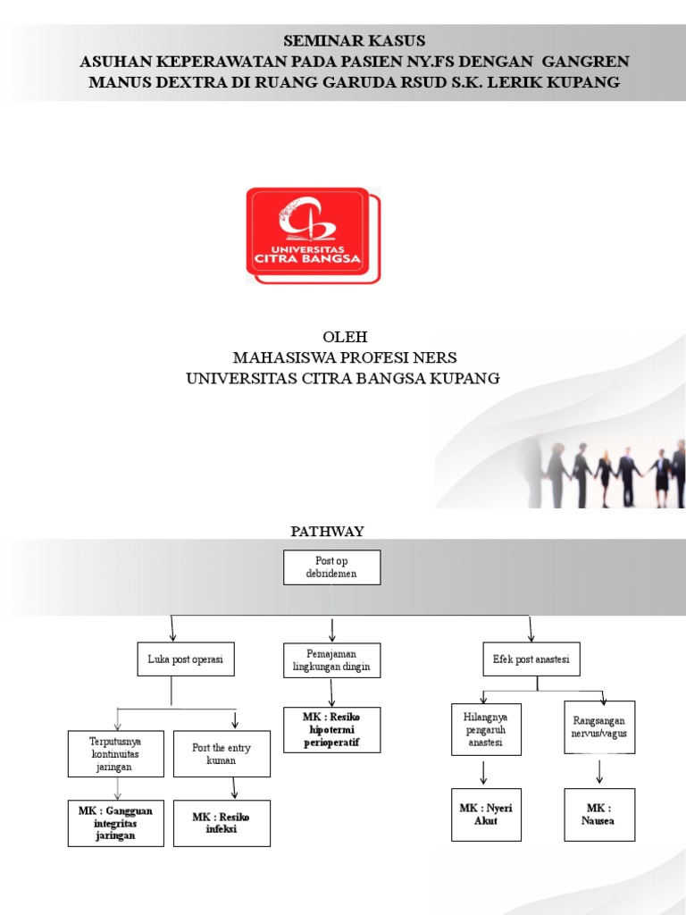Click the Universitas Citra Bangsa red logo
click(x=314, y=235)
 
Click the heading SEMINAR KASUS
click(x=354, y=41)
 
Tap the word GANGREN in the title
click(x=586, y=62)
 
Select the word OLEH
click(x=345, y=337)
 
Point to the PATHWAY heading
click(x=327, y=532)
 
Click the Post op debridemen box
click(x=332, y=567)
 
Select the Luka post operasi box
click(x=186, y=659)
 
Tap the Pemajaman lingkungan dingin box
click(x=332, y=660)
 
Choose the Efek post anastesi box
click(x=531, y=659)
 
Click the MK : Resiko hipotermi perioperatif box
click(x=332, y=730)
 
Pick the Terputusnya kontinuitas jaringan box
click(x=115, y=754)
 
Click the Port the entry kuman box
click(x=222, y=754)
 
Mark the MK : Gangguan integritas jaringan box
click(x=115, y=823)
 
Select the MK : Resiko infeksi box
click(x=222, y=823)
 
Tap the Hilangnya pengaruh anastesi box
click(x=486, y=729)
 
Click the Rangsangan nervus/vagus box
click(x=599, y=727)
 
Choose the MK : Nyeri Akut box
click(x=486, y=815)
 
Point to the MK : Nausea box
click(x=599, y=815)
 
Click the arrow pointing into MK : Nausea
click(x=599, y=771)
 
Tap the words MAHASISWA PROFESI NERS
click(x=345, y=357)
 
